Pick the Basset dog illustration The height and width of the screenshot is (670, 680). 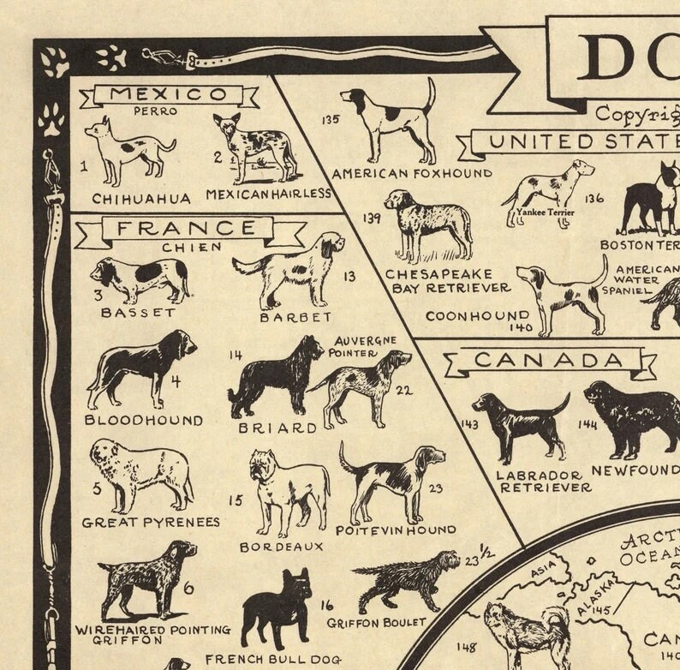click(x=141, y=280)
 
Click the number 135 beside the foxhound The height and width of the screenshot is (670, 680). click(x=329, y=120)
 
